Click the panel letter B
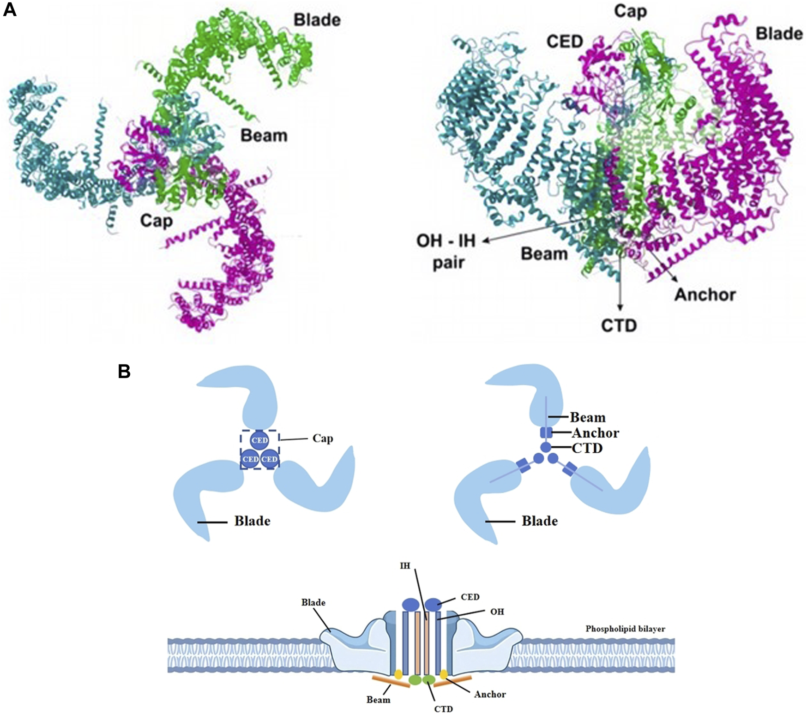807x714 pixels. tap(124, 372)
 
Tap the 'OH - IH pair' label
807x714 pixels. tap(446, 252)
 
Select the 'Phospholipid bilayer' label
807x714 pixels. tap(625, 629)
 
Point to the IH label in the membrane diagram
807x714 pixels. tap(405, 566)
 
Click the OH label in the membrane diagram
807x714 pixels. tap(497, 612)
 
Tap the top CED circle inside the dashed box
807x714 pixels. tap(259, 440)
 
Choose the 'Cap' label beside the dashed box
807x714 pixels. tap(323, 438)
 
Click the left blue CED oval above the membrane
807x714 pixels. tap(410, 605)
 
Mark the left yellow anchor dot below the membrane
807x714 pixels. tap(398, 674)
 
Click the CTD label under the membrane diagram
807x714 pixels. tap(444, 708)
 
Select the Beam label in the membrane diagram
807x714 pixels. tap(379, 700)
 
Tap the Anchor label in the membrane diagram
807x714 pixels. tap(490, 694)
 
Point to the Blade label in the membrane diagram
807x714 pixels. tap(313, 602)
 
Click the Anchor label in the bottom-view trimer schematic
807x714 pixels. tap(596, 433)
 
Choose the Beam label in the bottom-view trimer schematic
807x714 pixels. tap(588, 417)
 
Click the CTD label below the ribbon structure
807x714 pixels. tap(619, 325)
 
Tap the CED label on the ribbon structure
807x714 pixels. tap(565, 42)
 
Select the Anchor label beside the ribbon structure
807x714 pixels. tap(705, 294)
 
